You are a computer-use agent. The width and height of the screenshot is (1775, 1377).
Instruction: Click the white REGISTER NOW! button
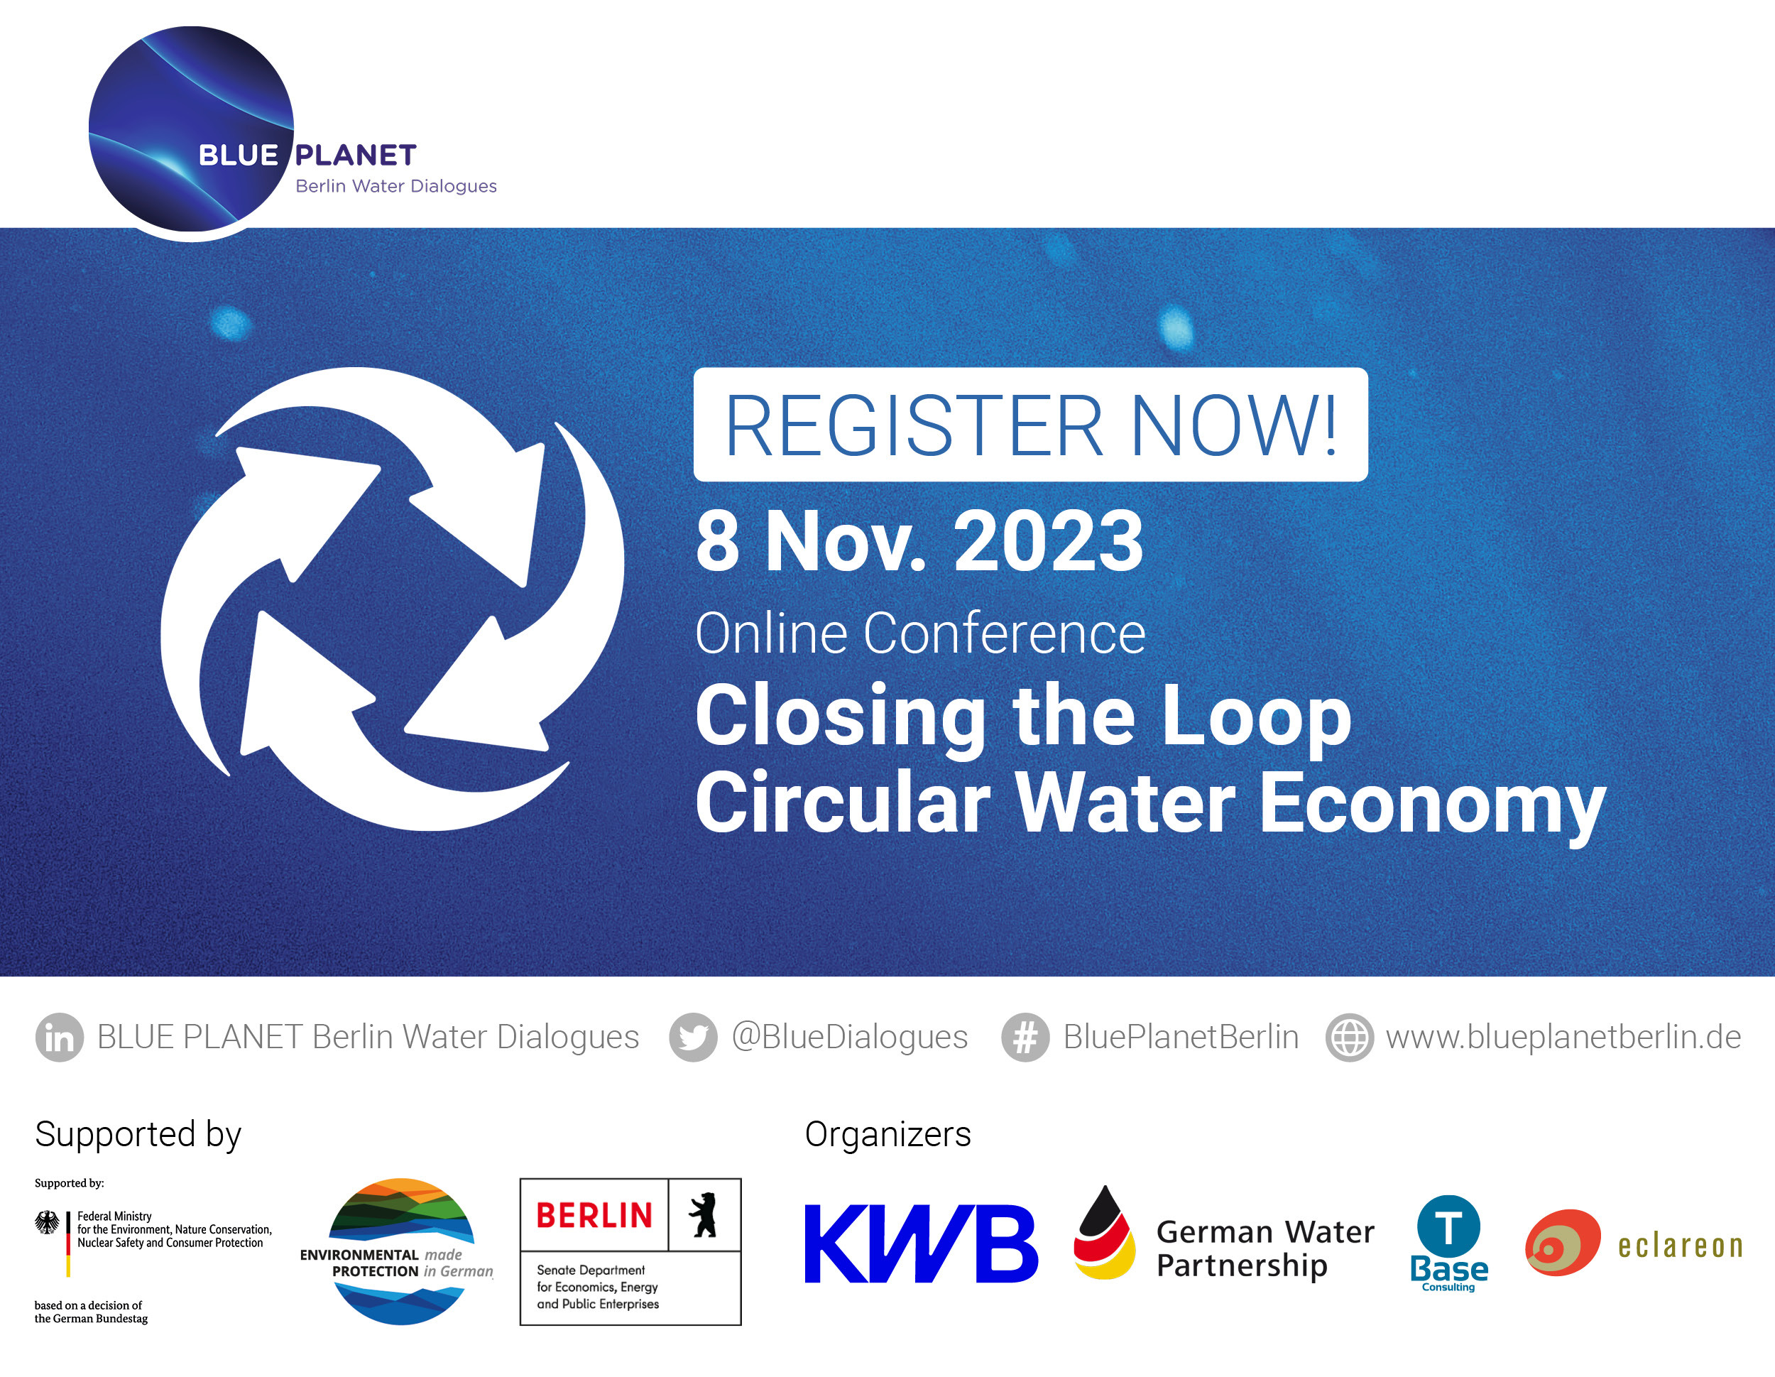[1029, 424]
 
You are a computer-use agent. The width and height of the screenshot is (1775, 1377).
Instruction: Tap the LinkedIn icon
[60, 1038]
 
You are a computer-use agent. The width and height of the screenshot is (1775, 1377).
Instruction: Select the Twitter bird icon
[693, 1038]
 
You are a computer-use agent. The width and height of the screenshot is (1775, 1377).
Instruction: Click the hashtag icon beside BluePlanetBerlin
[1026, 1038]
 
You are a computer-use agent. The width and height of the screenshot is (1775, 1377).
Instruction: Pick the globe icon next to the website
[1350, 1038]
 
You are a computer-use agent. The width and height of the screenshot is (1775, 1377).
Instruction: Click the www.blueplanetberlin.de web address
[1563, 1038]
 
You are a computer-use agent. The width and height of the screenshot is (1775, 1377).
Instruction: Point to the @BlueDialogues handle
[850, 1038]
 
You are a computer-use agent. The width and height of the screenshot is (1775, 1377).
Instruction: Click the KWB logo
[921, 1243]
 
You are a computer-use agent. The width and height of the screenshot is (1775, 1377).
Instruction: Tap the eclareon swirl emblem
[1562, 1243]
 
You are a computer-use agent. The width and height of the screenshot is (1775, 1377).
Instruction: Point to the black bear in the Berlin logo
[704, 1215]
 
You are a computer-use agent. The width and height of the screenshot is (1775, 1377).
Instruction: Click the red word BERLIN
[594, 1216]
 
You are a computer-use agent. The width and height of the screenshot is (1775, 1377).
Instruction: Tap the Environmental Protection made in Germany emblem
[398, 1252]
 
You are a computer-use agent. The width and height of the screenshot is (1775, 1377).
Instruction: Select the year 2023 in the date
[1049, 541]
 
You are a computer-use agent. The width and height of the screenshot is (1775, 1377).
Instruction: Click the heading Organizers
[887, 1134]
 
